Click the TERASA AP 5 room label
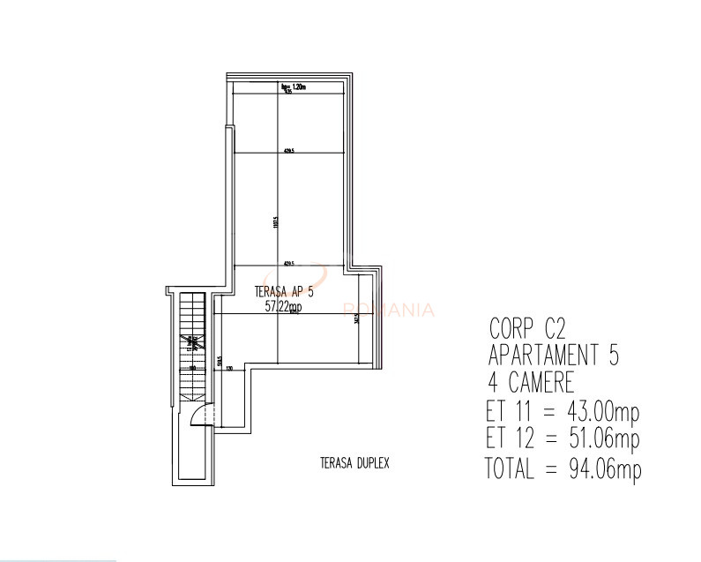(x=283, y=292)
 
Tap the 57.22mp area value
(x=283, y=306)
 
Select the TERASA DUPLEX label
(x=354, y=461)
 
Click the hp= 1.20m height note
(x=292, y=86)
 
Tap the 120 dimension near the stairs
(x=229, y=368)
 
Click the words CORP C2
(x=526, y=329)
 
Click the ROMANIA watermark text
(x=388, y=310)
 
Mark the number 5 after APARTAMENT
(x=612, y=356)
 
